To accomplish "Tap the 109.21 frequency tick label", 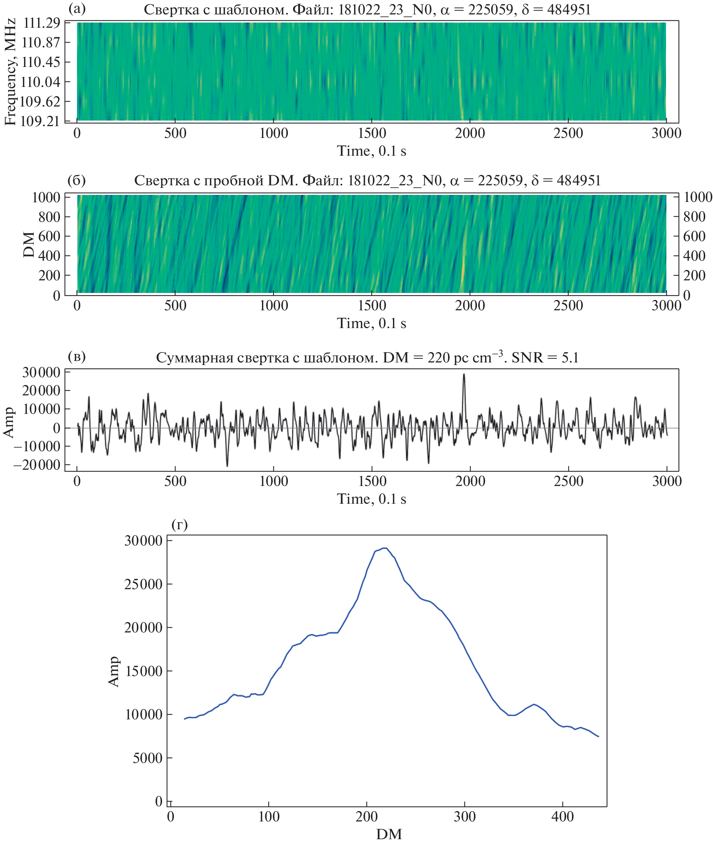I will point(40,121).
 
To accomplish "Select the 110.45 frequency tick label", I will point(40,62).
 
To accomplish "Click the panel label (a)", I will point(77,9).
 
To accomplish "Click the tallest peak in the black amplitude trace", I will point(464,375).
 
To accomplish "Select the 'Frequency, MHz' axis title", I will point(10,72).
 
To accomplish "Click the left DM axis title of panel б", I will point(29,244).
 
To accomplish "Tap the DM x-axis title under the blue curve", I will point(389,834).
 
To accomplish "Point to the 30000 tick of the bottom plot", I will point(143,541).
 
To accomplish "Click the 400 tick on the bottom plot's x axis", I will point(563,817).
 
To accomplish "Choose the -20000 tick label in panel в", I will point(37,465).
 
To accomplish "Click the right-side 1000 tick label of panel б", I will point(697,197).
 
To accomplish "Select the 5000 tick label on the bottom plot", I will point(148,758).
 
